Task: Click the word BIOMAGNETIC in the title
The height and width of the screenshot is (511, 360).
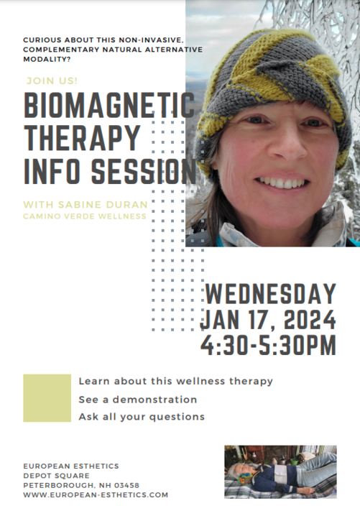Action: click(x=109, y=105)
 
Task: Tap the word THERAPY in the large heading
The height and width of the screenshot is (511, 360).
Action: click(x=82, y=138)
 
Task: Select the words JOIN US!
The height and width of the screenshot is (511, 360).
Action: click(x=52, y=80)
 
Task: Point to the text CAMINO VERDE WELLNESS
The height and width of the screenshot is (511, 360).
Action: click(x=85, y=216)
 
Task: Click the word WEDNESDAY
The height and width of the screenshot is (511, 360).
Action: click(x=271, y=294)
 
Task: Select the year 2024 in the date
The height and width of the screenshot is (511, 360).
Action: click(x=310, y=320)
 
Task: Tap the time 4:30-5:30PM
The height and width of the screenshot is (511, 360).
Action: click(x=268, y=345)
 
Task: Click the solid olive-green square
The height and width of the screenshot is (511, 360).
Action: click(x=47, y=398)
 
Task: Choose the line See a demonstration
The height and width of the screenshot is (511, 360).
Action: click(x=138, y=400)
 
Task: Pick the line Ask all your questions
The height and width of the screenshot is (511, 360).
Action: click(x=142, y=417)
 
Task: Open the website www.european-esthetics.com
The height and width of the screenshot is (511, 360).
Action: click(x=96, y=495)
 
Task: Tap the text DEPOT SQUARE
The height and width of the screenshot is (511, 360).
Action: click(x=56, y=476)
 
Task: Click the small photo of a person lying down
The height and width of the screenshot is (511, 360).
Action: click(x=280, y=472)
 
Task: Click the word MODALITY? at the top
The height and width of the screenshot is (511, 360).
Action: click(x=47, y=60)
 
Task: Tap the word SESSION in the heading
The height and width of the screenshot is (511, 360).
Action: click(x=144, y=171)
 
